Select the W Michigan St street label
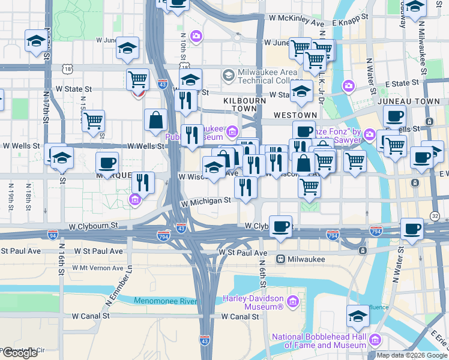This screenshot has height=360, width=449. tap(207, 201)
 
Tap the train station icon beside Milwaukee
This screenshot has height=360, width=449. tap(280, 259)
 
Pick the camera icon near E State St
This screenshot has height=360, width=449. tap(348, 86)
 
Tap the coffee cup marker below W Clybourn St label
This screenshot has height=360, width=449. tap(281, 227)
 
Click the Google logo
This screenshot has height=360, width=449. tap(20, 353)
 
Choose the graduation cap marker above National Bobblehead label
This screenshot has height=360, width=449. tap(358, 315)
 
